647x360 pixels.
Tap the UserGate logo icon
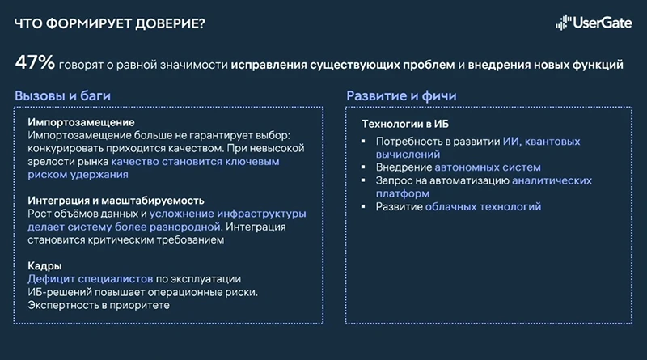pos(563,23)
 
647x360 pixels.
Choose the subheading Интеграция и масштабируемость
pos(116,200)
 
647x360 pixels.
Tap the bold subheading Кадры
pos(45,265)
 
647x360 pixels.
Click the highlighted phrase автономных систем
pos(482,167)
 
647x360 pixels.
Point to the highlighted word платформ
pos(402,194)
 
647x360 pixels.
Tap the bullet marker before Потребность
pos(366,142)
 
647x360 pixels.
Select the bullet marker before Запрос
pos(366,181)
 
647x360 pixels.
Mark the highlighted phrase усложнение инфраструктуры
pos(226,214)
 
